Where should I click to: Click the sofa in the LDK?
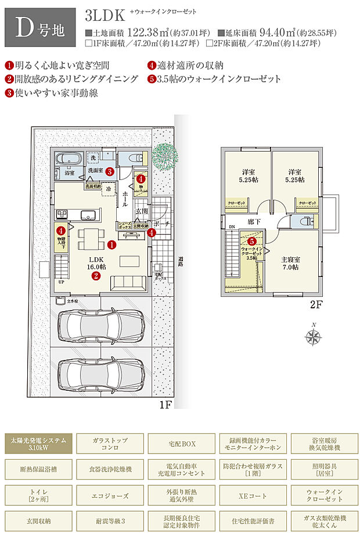[x=128, y=283]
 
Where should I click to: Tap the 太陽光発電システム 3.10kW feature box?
[x=39, y=444]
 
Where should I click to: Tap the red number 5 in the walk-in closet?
[x=251, y=240]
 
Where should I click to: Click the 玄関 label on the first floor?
[x=142, y=211]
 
